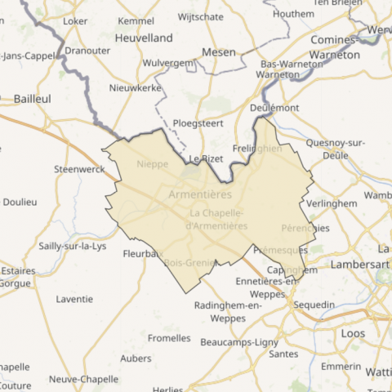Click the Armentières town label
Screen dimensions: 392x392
tap(199, 195)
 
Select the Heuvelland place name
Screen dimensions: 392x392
tap(144, 38)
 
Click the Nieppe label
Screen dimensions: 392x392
tap(153, 163)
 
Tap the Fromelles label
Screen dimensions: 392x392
tap(169, 337)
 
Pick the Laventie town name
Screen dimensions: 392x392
tap(74, 299)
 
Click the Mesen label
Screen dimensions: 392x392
tap(219, 52)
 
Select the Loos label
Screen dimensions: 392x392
tap(353, 333)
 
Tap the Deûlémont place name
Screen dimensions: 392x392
tap(274, 107)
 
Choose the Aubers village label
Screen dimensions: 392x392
tap(136, 358)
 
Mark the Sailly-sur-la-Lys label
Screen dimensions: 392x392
tap(73, 246)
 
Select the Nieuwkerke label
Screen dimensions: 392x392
tap(135, 87)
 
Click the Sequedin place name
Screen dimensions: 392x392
tap(314, 305)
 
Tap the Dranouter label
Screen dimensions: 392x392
tap(87, 49)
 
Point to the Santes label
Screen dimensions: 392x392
tap(283, 354)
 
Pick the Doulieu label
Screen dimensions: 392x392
tap(20, 202)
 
